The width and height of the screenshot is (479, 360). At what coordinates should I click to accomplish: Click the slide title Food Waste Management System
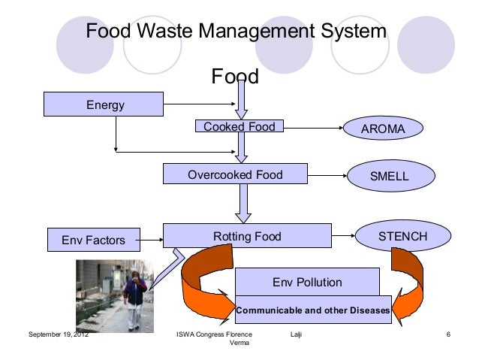(236, 33)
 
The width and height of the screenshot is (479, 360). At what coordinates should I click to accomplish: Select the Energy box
(104, 104)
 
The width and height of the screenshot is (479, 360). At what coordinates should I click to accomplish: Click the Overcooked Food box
(235, 175)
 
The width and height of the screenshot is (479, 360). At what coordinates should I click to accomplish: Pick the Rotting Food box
(247, 237)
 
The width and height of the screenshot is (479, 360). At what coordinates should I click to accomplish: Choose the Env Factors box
(93, 241)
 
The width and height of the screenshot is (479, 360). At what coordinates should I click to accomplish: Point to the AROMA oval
(383, 129)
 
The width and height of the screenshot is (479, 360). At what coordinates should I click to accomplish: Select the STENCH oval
(402, 237)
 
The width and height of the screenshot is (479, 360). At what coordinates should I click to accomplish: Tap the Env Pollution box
(307, 283)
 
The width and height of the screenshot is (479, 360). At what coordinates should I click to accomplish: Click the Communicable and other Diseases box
(313, 310)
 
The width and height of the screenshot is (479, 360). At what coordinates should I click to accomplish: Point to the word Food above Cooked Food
(235, 77)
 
